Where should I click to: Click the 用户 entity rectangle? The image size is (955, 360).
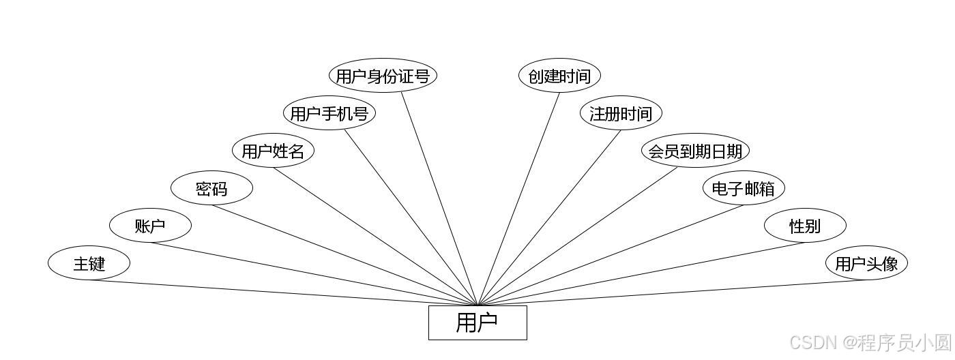(x=477, y=322)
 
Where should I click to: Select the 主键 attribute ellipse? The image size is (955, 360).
(x=89, y=263)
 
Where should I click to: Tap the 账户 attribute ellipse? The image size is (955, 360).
(x=150, y=226)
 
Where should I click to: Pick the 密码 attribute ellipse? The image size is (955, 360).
(x=211, y=189)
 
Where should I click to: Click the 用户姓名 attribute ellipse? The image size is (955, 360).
(x=273, y=151)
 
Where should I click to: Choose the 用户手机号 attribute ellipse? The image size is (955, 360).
(x=329, y=113)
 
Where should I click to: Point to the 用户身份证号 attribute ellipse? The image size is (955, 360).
(x=383, y=76)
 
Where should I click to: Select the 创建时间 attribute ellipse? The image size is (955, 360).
(x=559, y=76)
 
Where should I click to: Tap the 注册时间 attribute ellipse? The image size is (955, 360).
(x=621, y=113)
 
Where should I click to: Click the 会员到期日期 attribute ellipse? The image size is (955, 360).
(x=695, y=151)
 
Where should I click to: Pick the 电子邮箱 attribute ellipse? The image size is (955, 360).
(x=744, y=188)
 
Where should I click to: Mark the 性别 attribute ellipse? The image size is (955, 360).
(x=805, y=226)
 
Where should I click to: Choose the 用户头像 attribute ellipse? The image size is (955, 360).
(x=866, y=263)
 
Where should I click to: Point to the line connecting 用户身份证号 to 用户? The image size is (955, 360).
(x=439, y=198)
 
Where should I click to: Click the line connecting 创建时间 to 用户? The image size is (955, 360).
(x=519, y=198)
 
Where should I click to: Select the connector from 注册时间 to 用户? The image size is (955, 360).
(x=550, y=217)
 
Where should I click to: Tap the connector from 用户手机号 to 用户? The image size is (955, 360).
(x=411, y=217)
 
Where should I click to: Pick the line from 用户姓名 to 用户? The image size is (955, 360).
(x=376, y=236)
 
